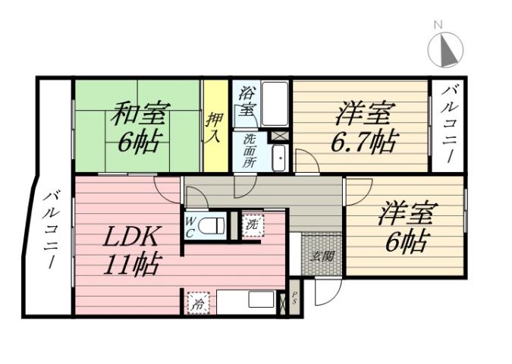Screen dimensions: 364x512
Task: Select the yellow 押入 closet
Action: coord(215,126)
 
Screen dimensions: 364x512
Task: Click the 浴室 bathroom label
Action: coord(246,103)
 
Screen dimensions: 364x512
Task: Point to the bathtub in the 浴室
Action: coord(274,104)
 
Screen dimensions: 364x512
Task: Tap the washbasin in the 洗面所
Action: coord(278,157)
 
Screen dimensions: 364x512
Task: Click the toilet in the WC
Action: coord(215,225)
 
